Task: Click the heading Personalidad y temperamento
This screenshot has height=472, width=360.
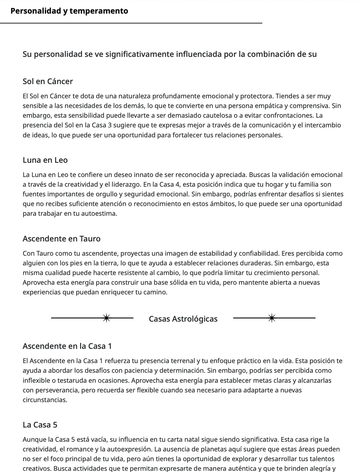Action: click(69, 11)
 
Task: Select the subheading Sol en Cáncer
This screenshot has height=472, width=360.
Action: click(48, 81)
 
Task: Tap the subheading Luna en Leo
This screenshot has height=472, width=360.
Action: click(45, 160)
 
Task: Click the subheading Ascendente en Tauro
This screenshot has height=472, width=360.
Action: click(61, 239)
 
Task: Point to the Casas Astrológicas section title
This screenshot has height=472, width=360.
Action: click(183, 319)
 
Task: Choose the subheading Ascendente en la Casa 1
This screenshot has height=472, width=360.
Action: click(67, 346)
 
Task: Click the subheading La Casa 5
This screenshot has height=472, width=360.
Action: click(40, 425)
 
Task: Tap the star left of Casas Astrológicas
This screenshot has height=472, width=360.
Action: click(106, 318)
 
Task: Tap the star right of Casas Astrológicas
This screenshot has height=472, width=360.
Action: click(272, 318)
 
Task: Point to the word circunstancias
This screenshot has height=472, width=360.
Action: click(45, 400)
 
